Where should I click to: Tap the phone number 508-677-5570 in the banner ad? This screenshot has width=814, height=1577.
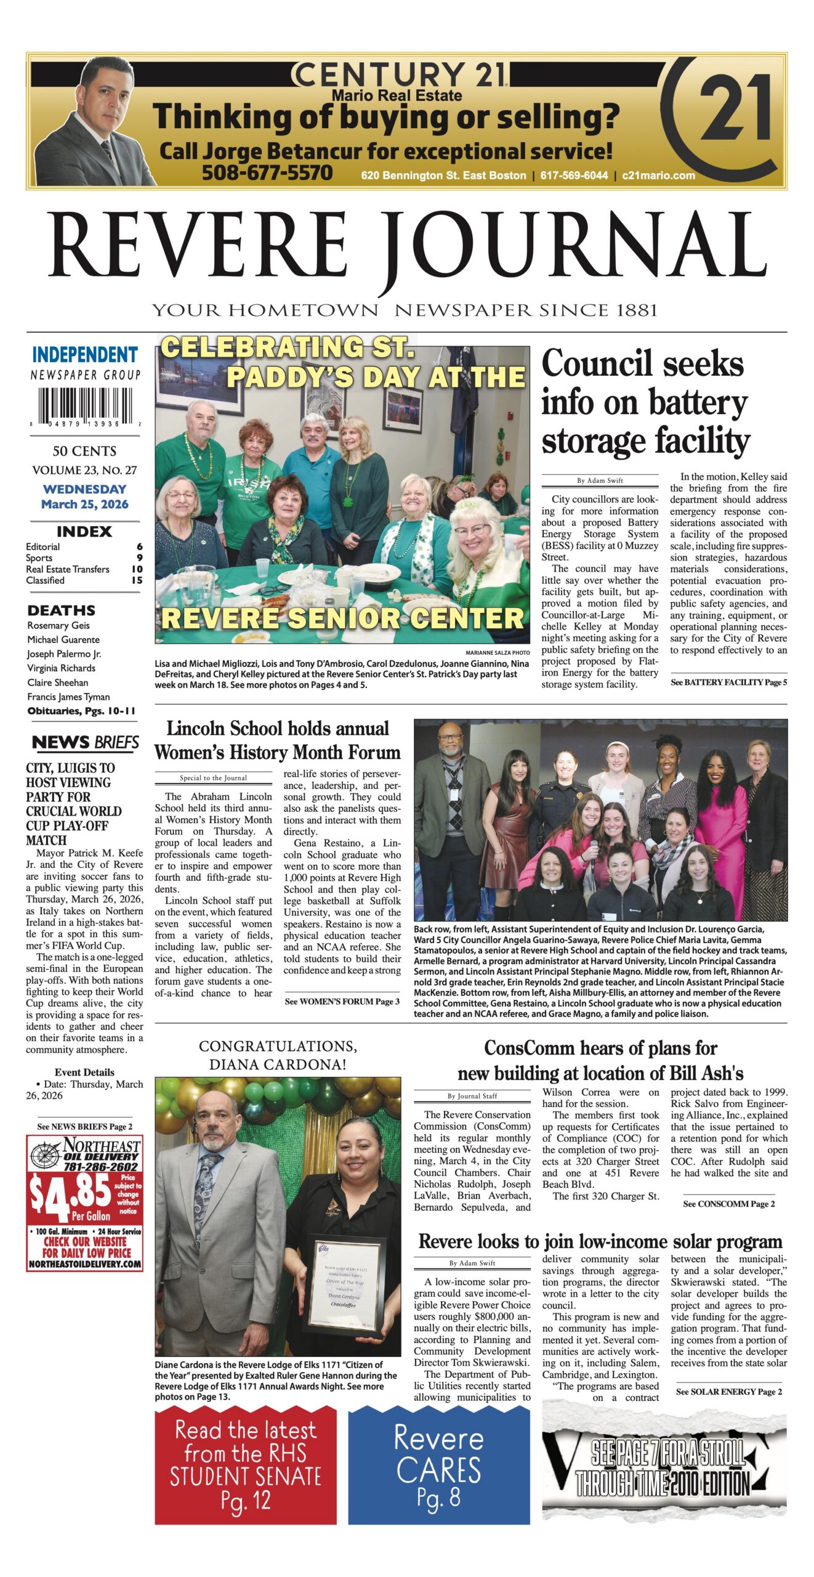(267, 173)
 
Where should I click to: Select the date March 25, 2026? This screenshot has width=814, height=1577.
(85, 504)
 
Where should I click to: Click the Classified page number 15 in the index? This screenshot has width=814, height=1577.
(137, 580)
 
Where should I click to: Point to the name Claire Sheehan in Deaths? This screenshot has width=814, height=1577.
(58, 683)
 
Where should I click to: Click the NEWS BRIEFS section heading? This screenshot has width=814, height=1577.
(85, 743)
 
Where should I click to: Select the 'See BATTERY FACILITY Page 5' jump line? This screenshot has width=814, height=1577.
(728, 683)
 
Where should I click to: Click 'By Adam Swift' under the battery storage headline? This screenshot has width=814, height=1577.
(600, 480)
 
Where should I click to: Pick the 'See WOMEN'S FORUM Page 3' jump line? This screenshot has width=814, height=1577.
(342, 1002)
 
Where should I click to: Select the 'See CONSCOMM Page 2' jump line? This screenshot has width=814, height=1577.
(728, 1204)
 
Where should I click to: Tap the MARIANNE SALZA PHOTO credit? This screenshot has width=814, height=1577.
(497, 652)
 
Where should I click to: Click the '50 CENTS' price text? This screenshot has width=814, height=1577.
(85, 451)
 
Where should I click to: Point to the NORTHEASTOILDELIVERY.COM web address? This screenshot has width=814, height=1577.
(85, 1264)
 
